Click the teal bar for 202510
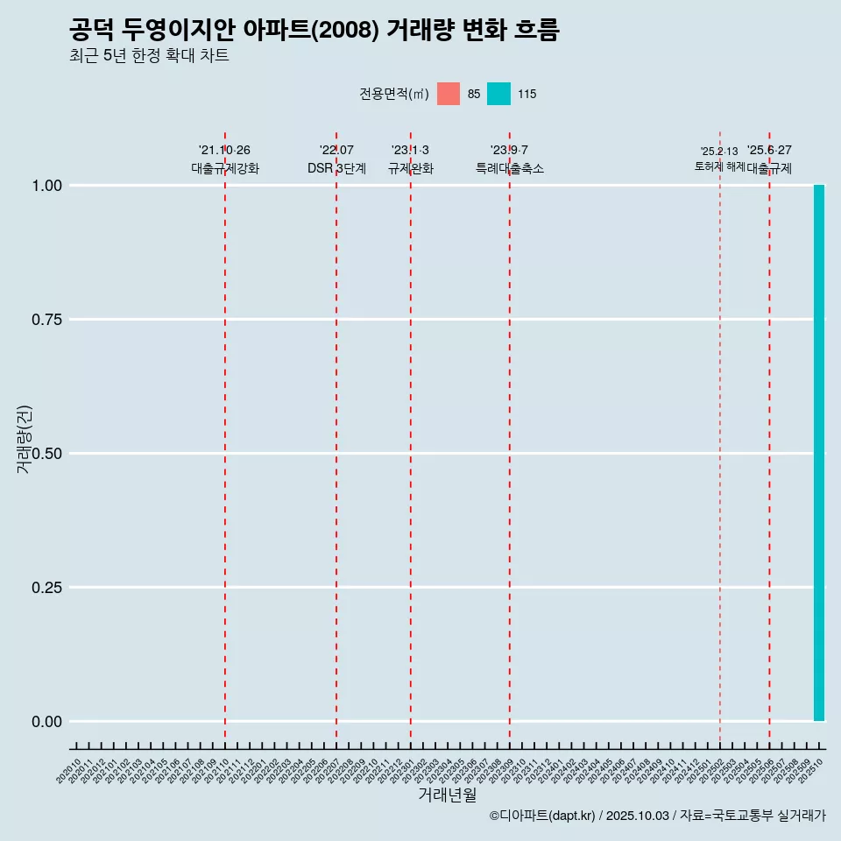click(x=819, y=453)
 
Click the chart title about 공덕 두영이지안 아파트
click(x=314, y=31)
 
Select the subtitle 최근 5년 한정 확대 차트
click(x=149, y=56)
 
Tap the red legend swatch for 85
click(x=449, y=94)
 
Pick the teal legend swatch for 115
click(x=498, y=94)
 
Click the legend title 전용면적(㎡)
click(x=394, y=94)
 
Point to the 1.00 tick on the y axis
click(x=47, y=186)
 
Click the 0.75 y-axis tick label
click(x=47, y=320)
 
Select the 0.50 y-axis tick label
click(x=47, y=454)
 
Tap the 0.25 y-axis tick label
click(x=47, y=588)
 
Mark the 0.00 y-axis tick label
click(x=47, y=722)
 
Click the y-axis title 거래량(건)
click(x=24, y=440)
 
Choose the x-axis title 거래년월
click(x=447, y=795)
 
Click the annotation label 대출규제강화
click(x=225, y=168)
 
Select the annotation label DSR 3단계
click(x=336, y=168)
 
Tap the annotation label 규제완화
click(x=411, y=168)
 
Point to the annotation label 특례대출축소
click(x=510, y=168)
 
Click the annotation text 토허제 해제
click(x=719, y=166)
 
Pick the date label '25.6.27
click(x=769, y=151)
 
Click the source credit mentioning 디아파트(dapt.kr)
click(x=657, y=816)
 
